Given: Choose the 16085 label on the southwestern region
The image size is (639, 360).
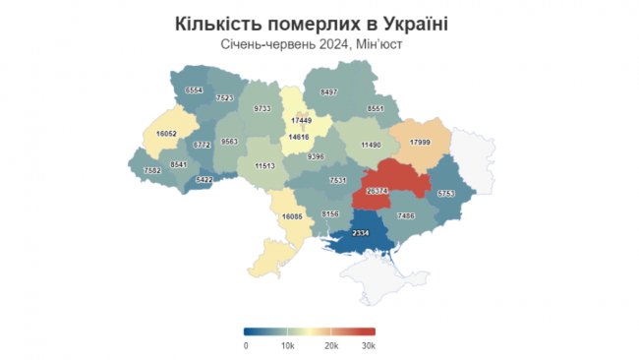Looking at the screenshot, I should click(x=292, y=215).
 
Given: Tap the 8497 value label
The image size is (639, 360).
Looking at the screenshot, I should click(x=329, y=91).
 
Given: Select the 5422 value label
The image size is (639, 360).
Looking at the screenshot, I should click(x=203, y=180).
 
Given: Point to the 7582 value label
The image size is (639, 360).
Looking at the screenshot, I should click(x=152, y=170).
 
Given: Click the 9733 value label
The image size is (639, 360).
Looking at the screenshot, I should click(x=261, y=107).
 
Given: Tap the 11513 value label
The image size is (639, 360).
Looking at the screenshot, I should click(x=264, y=166).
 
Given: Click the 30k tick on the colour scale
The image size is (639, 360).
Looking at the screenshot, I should click(x=369, y=345).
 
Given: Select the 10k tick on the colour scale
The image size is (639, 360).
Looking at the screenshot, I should click(x=287, y=345).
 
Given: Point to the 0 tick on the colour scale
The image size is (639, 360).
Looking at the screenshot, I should click(x=246, y=345).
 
